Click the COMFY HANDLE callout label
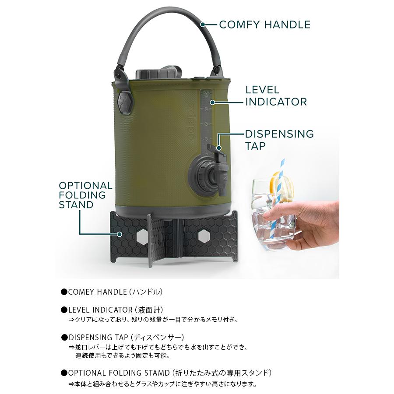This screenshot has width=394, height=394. (264, 25)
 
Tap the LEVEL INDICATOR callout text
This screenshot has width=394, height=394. (275, 96)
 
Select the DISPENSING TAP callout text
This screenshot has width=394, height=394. (279, 140)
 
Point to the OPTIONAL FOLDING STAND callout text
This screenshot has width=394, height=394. (85, 195)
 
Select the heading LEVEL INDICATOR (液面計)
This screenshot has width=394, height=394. (116, 310)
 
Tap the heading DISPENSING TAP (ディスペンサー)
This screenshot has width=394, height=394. (126, 338)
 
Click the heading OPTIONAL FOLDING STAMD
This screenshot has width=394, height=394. (118, 373)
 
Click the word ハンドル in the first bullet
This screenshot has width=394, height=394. (150, 292)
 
